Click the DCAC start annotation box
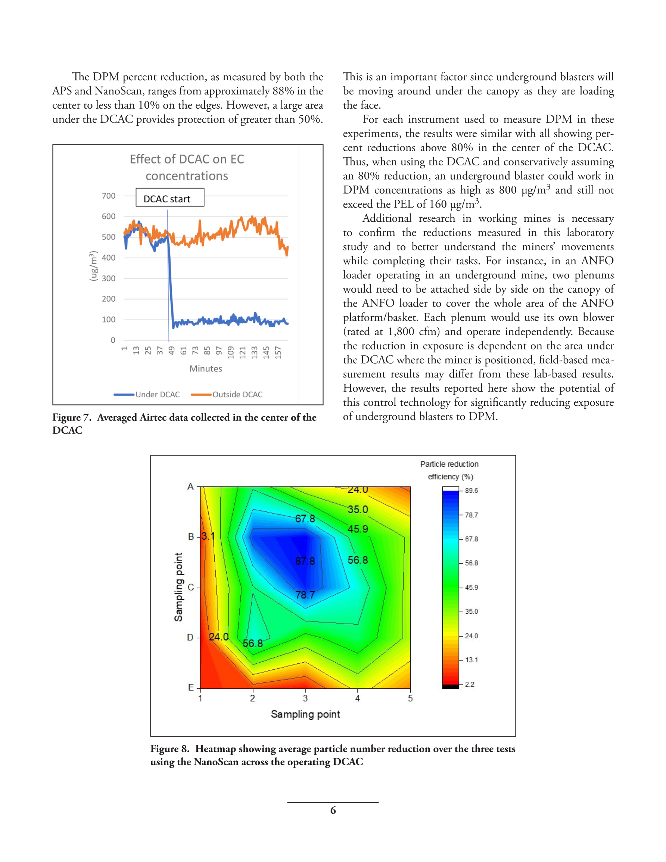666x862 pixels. click(170, 197)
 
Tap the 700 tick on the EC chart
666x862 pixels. click(109, 196)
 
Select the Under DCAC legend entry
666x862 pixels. click(147, 394)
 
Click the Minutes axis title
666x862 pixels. click(206, 368)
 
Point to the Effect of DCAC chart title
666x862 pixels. click(187, 167)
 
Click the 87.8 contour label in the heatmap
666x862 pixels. click(305, 561)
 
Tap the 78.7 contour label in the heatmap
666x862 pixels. click(305, 594)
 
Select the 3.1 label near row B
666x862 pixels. click(208, 536)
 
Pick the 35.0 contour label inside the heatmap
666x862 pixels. click(358, 509)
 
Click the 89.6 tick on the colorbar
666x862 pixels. click(471, 491)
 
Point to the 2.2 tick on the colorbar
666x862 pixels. click(469, 684)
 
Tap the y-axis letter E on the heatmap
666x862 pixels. click(191, 688)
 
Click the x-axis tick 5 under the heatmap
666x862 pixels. click(410, 698)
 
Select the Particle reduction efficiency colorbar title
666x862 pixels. click(449, 470)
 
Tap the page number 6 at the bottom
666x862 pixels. click(333, 810)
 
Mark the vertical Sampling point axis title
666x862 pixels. click(178, 586)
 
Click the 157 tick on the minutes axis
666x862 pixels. click(278, 352)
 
